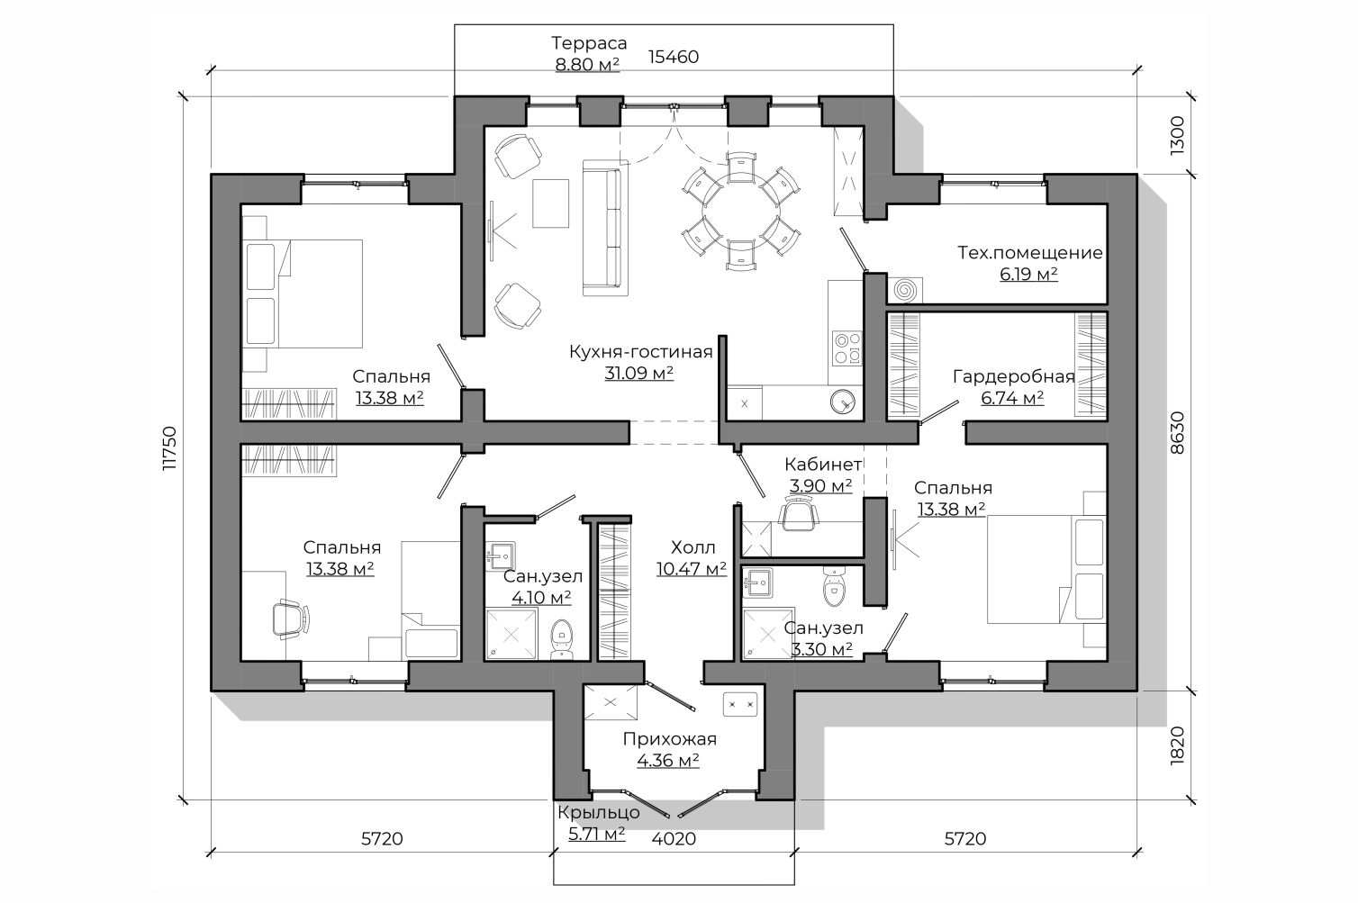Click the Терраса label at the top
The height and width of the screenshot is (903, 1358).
[x=589, y=43]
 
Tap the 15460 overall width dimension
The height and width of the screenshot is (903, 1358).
[x=674, y=57]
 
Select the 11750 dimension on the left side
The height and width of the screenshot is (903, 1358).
[x=169, y=448]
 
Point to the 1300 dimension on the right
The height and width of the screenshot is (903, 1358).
[x=1177, y=136]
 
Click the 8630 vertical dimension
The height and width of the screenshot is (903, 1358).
[x=1177, y=433]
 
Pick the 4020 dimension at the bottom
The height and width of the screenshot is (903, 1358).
[x=674, y=839]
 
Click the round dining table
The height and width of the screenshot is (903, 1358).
[x=740, y=211]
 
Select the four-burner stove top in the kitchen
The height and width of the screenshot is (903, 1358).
[x=846, y=348]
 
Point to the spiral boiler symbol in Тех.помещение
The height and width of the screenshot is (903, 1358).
[x=906, y=290]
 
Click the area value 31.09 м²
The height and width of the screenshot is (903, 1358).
[x=639, y=374]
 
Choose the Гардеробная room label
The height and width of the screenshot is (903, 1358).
[x=1014, y=377]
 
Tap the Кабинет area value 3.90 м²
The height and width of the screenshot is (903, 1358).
[x=821, y=486]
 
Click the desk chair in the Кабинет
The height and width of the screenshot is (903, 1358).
[x=798, y=512]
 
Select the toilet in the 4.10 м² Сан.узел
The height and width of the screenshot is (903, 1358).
[x=561, y=639]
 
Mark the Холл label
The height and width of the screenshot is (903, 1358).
[x=693, y=548]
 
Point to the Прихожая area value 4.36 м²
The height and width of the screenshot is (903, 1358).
[x=668, y=761]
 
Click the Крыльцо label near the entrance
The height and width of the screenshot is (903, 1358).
[x=598, y=812]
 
